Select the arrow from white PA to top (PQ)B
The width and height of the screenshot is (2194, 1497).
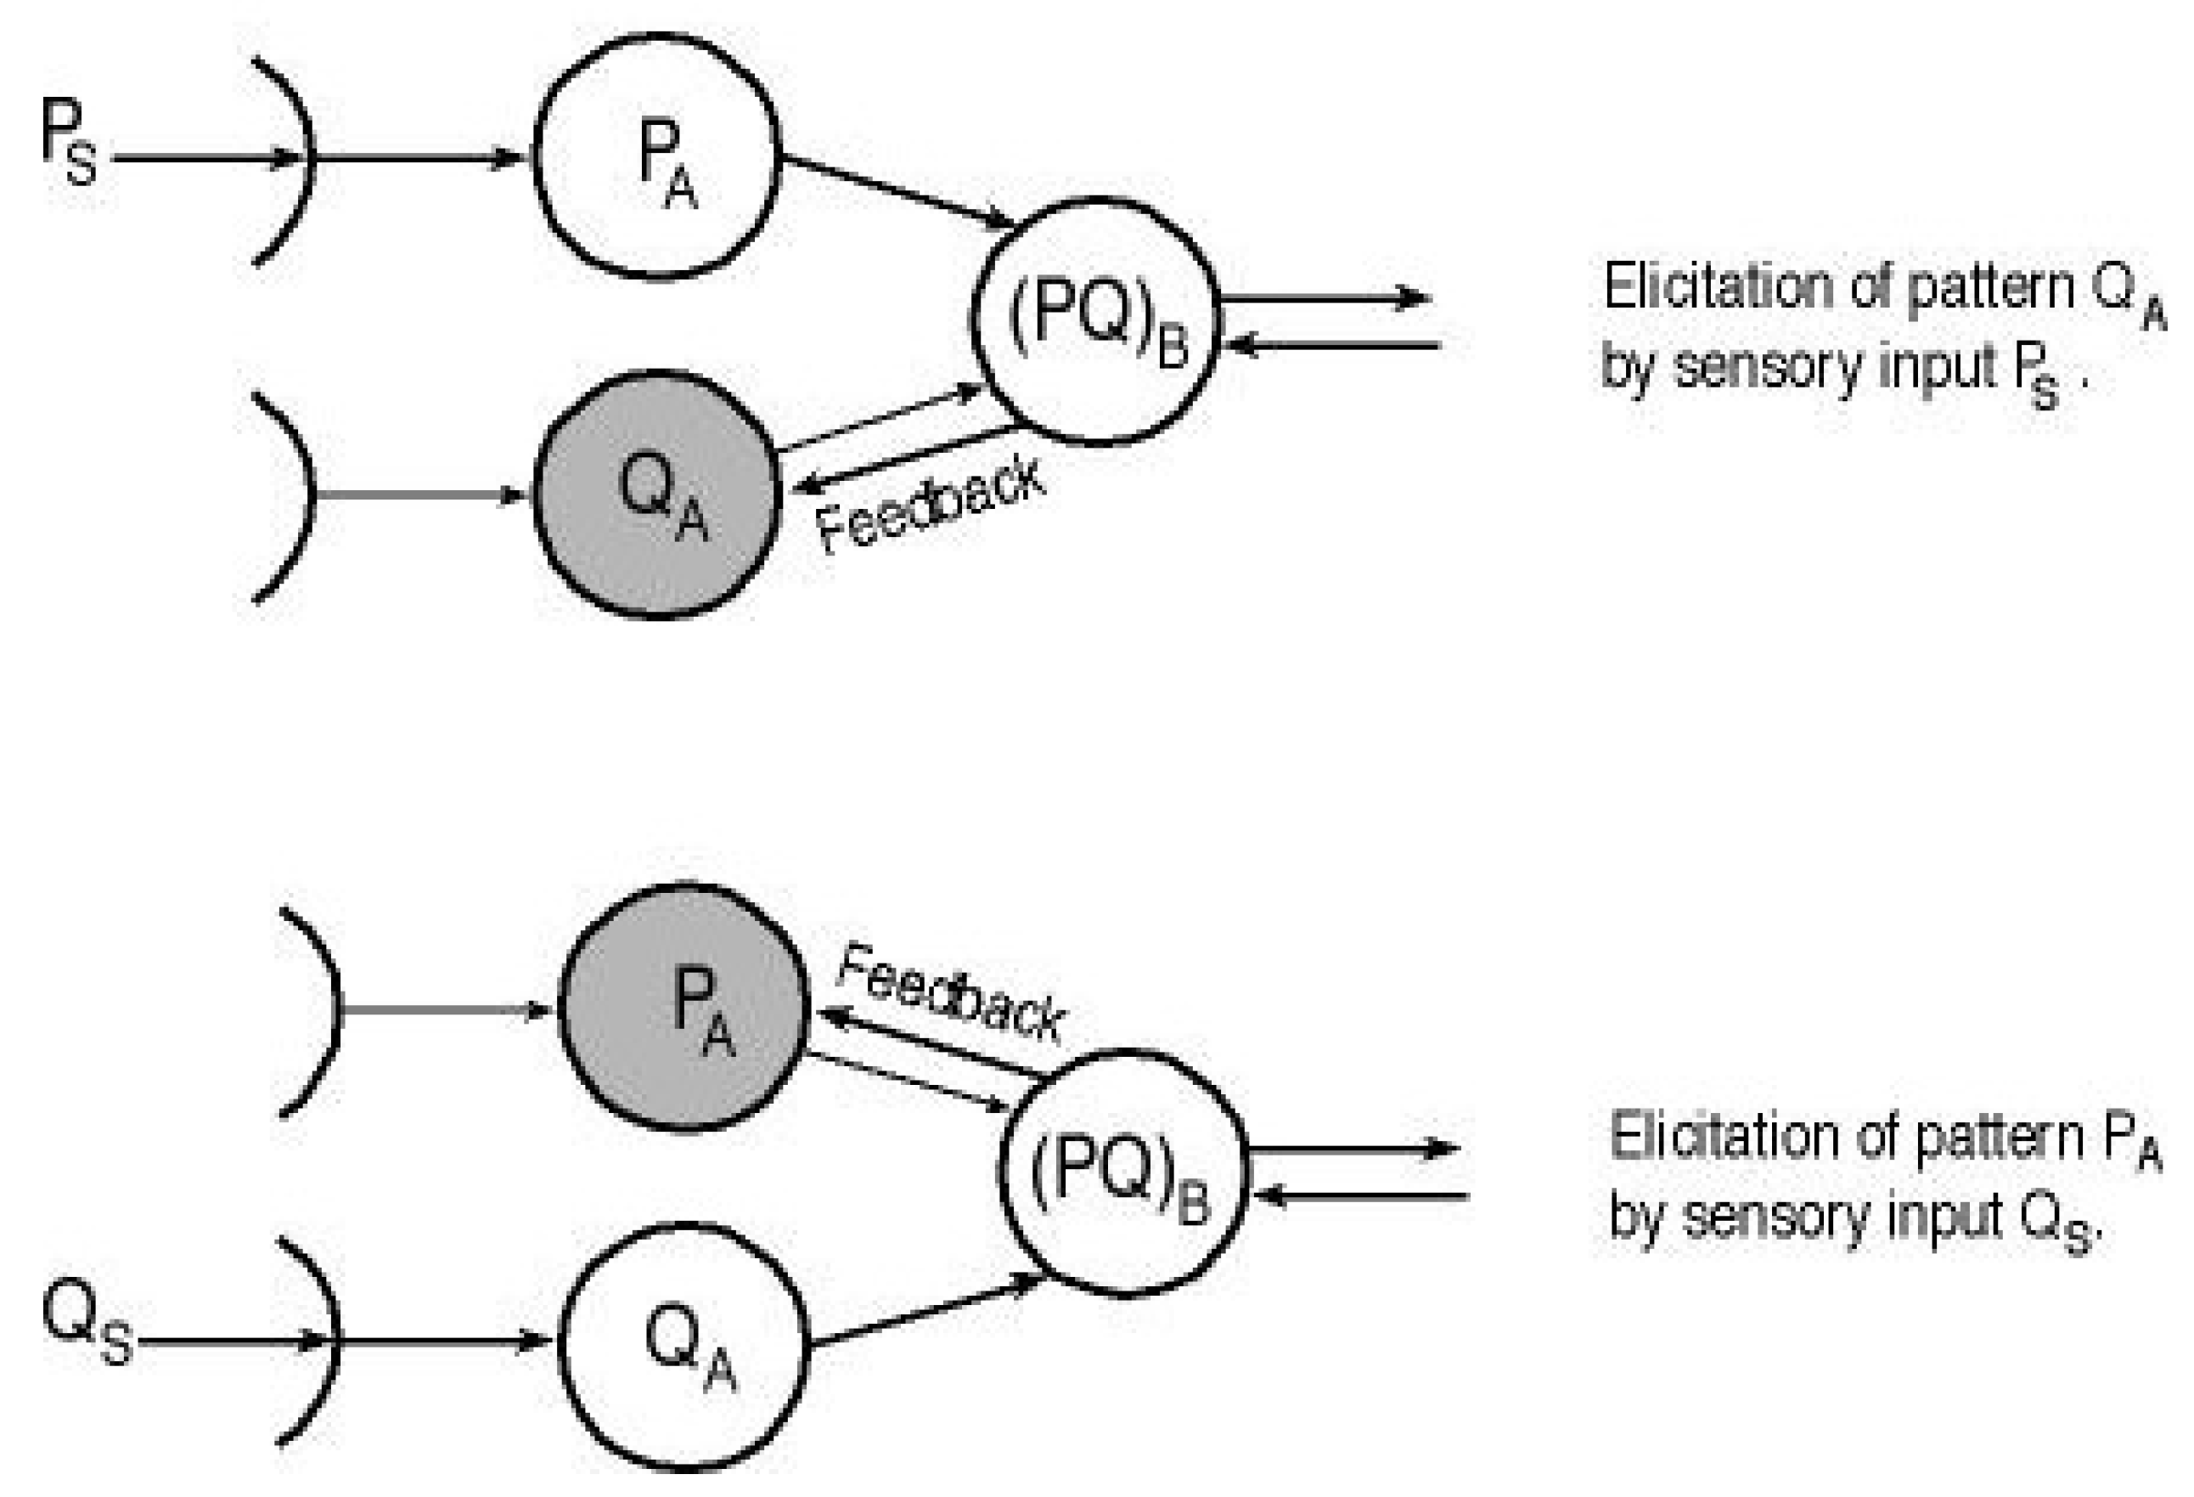(897, 193)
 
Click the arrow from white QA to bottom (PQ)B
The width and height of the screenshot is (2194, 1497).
(925, 1313)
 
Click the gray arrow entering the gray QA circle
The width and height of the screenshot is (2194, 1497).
(415, 495)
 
